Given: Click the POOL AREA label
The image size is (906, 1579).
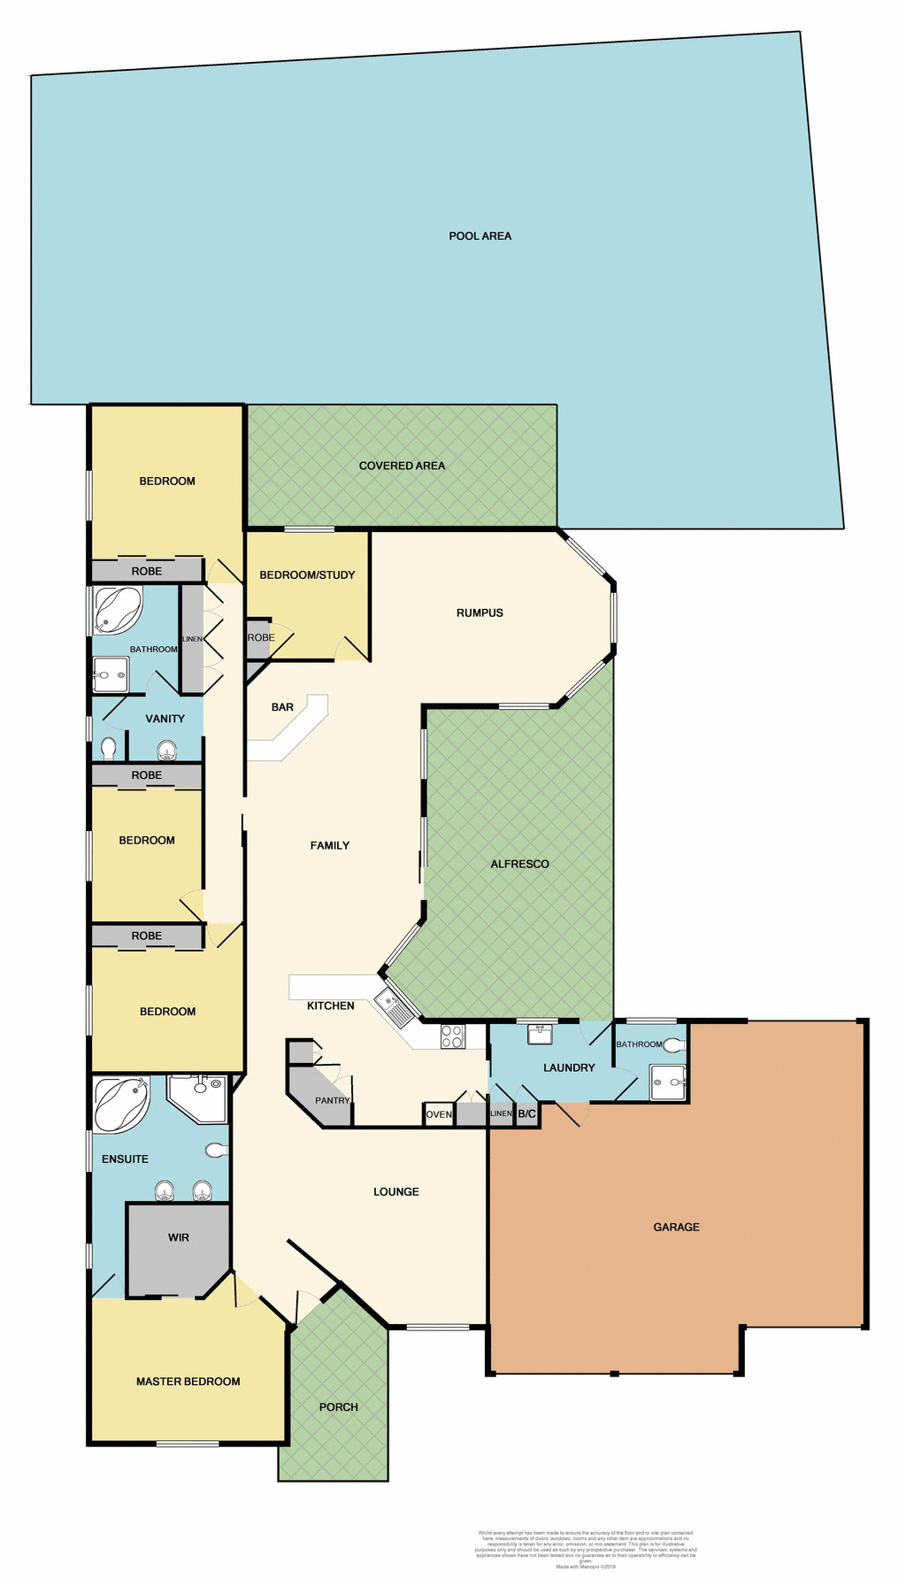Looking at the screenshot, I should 480,235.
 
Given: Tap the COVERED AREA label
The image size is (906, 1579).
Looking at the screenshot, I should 402,466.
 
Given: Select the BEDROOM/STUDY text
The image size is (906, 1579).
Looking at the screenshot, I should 307,574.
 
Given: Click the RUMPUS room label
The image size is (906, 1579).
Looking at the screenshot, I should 480,612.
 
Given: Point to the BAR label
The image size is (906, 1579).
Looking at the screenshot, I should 282,707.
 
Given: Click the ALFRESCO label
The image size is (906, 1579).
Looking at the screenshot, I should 519,864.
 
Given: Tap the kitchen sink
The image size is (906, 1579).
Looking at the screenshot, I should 394,1008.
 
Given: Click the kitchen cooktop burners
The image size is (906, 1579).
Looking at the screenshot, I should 452,1036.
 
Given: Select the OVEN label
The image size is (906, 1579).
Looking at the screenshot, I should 439,1114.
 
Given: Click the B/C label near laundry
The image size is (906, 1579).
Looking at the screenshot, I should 527,1113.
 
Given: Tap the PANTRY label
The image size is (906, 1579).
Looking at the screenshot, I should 333,1100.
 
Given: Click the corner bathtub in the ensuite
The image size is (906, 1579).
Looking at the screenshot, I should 120,1103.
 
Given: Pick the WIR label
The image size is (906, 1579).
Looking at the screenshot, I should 179,1237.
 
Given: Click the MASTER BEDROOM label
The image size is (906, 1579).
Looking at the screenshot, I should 188,1381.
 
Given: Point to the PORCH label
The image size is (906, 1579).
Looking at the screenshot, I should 339,1406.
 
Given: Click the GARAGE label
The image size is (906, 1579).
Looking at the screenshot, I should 676,1227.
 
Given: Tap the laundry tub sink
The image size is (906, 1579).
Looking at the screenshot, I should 540,1034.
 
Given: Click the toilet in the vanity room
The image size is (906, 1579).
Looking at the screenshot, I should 109,749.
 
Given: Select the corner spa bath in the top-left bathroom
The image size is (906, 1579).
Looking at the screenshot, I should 118,610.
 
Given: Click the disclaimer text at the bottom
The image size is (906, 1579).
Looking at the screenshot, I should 586,1549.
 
